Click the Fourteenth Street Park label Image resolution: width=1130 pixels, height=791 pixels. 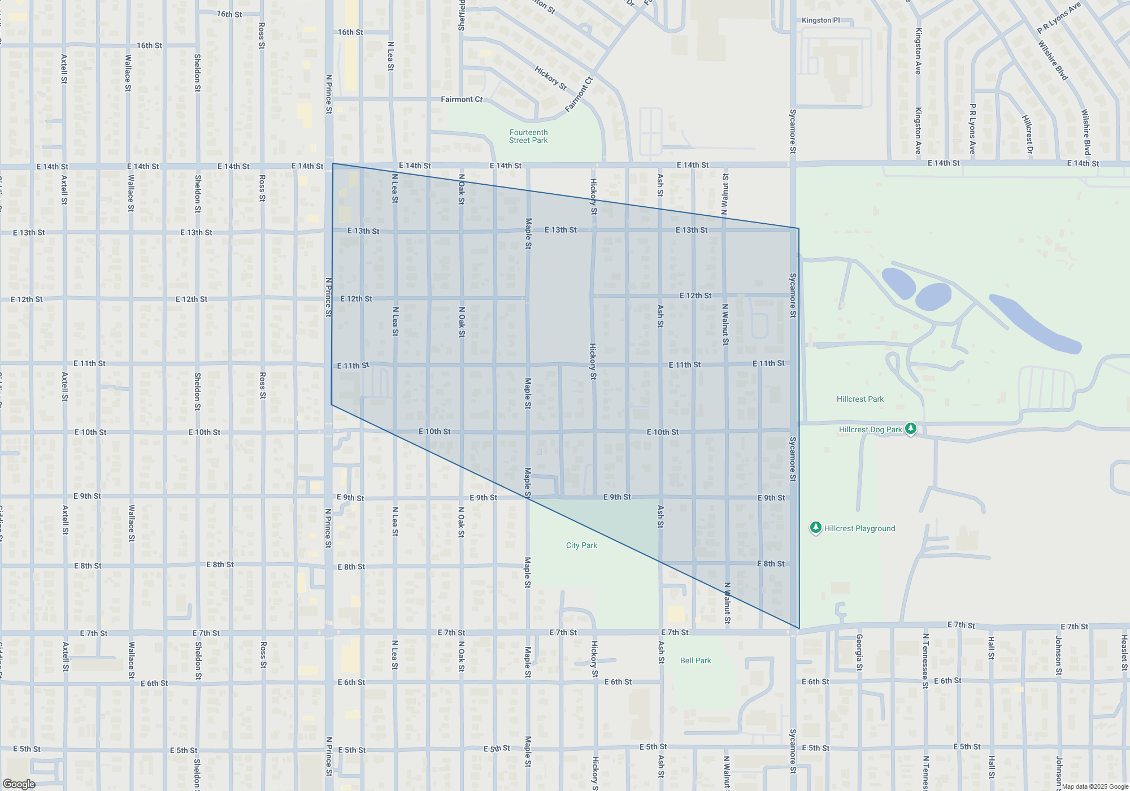[528, 136]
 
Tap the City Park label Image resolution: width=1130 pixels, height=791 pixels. [581, 545]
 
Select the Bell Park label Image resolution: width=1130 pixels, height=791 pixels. [696, 660]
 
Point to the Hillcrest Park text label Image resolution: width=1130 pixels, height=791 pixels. [860, 399]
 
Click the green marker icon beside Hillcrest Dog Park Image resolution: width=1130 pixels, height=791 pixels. [910, 429]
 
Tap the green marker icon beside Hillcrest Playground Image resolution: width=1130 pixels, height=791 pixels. [815, 528]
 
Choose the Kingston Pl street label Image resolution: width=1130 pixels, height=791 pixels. [820, 20]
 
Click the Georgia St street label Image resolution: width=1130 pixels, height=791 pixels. [859, 652]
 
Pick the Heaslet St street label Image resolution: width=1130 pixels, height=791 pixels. [1124, 653]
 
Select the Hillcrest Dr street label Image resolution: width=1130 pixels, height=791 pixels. [1028, 134]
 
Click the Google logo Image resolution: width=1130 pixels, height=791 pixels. [19, 784]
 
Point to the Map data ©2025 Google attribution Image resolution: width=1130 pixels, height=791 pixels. [1095, 786]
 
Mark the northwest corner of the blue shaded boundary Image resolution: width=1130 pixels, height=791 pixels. [333, 164]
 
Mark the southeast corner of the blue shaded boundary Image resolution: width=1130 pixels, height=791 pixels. [799, 628]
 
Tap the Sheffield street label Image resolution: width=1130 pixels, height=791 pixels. [462, 15]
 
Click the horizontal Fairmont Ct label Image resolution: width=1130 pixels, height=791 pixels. [462, 99]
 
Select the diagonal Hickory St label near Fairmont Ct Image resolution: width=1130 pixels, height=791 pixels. [550, 78]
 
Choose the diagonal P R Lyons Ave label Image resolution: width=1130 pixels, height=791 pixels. [1059, 18]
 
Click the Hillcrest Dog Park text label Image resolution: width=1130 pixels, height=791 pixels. [870, 429]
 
